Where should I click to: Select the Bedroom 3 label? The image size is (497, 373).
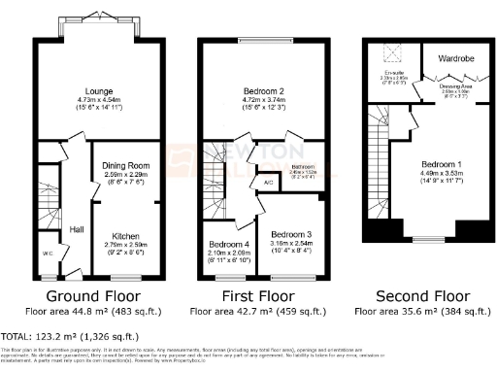[292, 236]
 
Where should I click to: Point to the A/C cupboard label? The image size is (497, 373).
[266, 182]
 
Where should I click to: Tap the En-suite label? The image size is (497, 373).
[391, 71]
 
